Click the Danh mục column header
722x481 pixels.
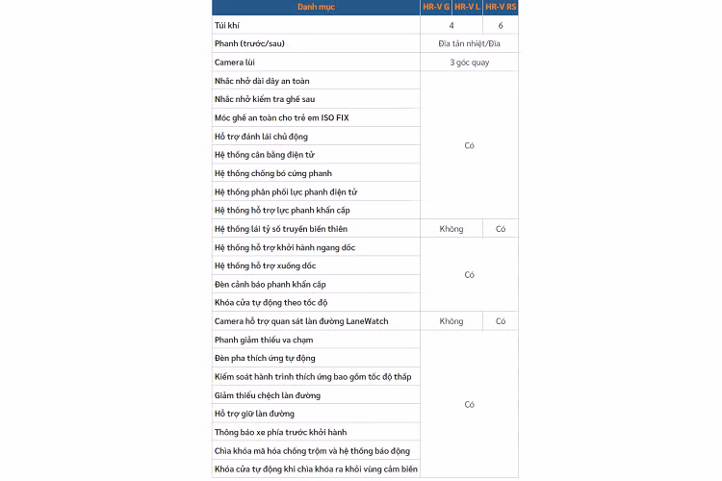coord(316,8)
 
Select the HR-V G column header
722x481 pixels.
coord(436,8)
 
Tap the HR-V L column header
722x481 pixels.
coord(467,8)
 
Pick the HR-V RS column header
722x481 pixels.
coord(501,8)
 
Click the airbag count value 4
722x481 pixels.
coord(451,25)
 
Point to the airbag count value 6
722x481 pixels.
coord(501,25)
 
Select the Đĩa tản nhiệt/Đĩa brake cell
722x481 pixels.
coord(469,43)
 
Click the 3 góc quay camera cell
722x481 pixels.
coord(469,62)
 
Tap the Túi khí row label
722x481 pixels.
coord(228,25)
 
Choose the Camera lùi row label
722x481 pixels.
coord(236,62)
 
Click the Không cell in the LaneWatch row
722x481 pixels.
coord(451,321)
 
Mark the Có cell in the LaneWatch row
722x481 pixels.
coord(501,321)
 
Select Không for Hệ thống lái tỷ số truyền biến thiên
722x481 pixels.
coord(451,229)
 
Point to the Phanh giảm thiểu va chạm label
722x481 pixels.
coord(264,340)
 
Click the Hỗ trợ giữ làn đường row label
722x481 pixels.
coord(254,414)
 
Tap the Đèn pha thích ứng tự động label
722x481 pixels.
coord(265,358)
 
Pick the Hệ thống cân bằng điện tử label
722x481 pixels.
coord(265,155)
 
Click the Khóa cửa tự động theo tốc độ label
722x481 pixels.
coord(271,303)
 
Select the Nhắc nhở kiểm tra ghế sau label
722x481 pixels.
coord(265,99)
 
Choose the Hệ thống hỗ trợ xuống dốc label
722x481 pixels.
coord(265,266)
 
